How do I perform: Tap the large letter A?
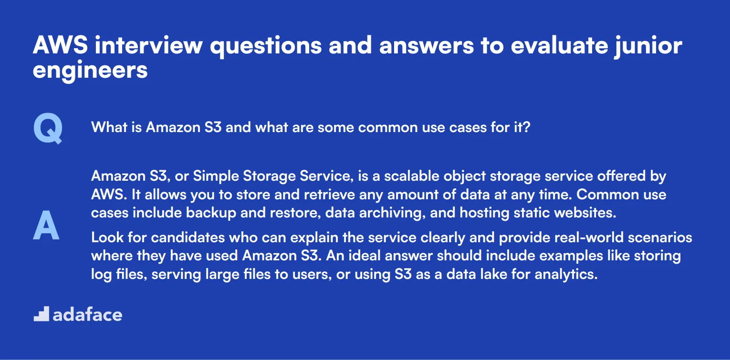click(x=46, y=226)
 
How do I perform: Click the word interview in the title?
click(x=146, y=46)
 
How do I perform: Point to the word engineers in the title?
click(x=90, y=70)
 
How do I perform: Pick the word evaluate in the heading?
click(x=522, y=46)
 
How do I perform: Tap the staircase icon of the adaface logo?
click(x=41, y=314)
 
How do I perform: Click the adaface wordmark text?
click(x=87, y=315)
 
